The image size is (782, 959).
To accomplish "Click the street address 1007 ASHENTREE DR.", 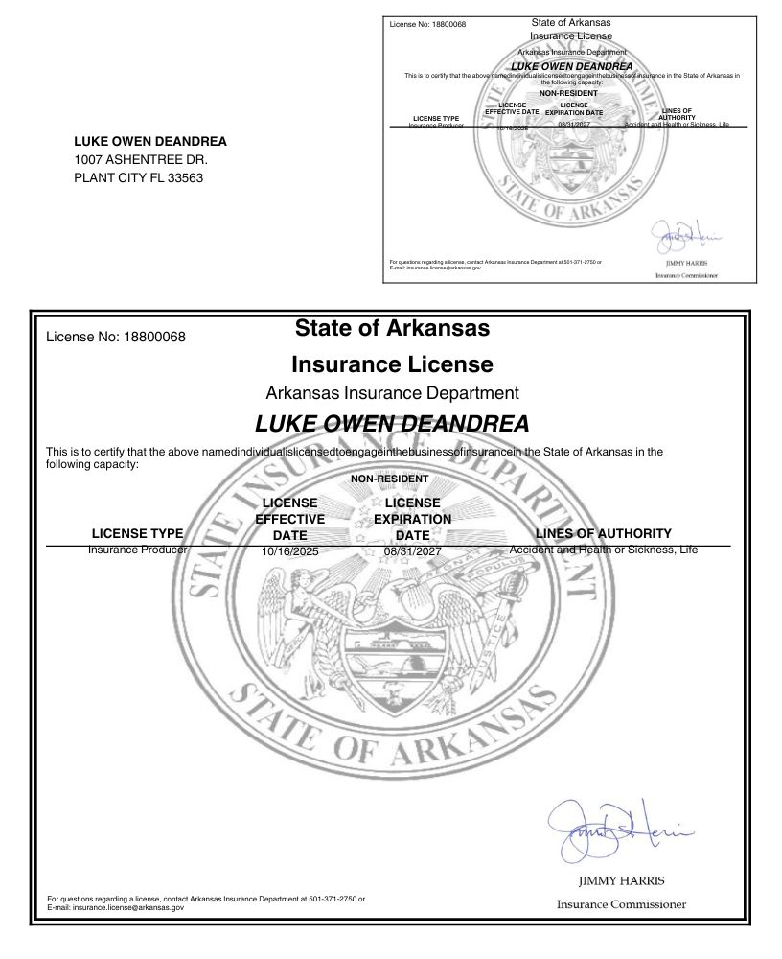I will (141, 159).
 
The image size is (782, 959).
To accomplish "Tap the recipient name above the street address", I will (150, 142).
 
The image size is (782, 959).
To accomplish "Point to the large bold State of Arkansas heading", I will (392, 328).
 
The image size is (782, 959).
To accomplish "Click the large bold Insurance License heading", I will (392, 364).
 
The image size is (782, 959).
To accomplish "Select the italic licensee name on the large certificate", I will (392, 423).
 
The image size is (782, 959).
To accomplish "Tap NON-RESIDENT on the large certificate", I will (389, 479).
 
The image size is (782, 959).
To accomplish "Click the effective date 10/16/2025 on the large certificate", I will (289, 551).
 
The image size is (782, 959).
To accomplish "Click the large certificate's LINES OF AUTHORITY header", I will (604, 533).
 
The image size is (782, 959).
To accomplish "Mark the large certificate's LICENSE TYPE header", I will (137, 533).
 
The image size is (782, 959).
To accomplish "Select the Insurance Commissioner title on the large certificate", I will (621, 904).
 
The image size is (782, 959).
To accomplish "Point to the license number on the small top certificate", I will (427, 23).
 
